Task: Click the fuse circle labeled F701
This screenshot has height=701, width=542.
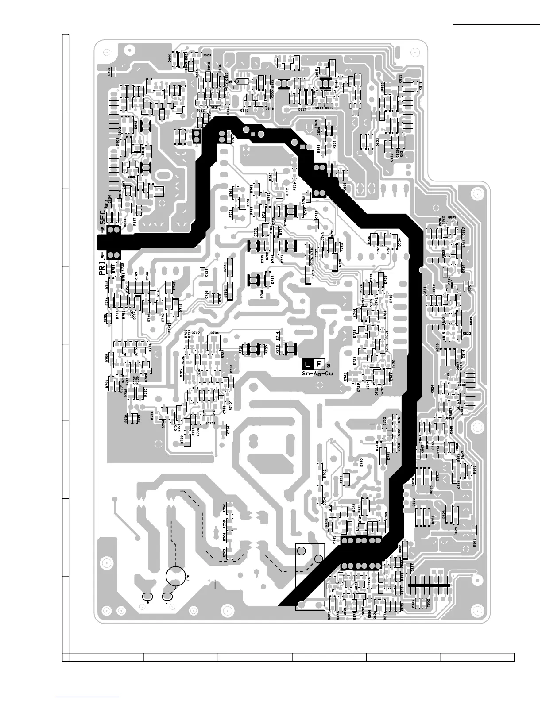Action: point(176,576)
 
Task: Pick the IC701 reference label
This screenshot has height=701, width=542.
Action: point(211,423)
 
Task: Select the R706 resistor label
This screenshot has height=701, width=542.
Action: point(225,508)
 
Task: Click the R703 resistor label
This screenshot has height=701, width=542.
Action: point(225,553)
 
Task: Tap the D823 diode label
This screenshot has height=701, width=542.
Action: point(206,55)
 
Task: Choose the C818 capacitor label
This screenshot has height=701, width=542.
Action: point(420,85)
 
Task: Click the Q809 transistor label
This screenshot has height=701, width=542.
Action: point(452,217)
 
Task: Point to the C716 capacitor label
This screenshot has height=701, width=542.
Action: point(228,429)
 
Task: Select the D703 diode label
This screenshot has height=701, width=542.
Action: point(325,474)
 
